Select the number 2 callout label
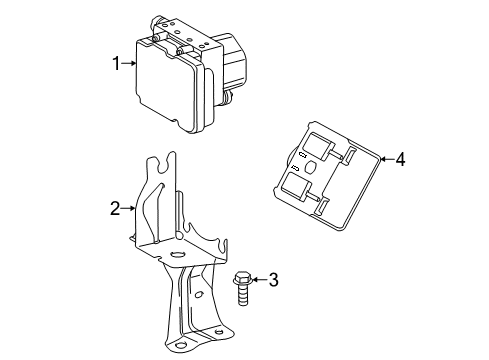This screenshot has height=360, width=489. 116,208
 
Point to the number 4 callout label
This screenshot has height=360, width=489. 400,157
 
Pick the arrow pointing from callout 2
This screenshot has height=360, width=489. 131,208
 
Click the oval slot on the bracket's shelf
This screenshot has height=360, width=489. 176,256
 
